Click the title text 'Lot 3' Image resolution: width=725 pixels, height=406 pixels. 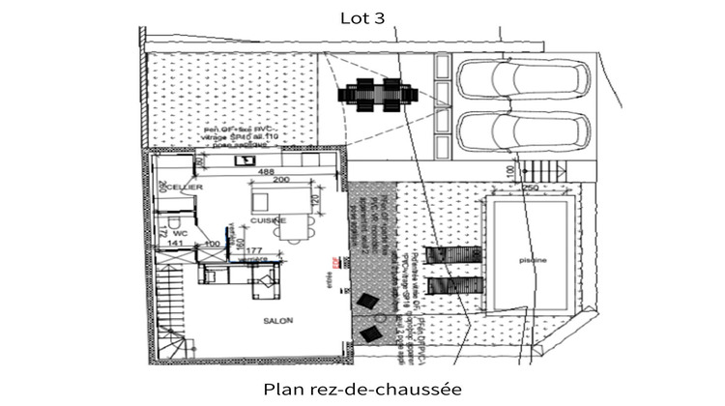click(362, 16)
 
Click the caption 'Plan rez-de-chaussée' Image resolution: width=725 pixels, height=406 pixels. click(362, 389)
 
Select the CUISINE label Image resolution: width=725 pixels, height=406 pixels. click(267, 220)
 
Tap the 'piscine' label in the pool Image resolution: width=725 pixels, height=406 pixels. click(532, 260)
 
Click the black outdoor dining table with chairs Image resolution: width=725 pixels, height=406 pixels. click(378, 95)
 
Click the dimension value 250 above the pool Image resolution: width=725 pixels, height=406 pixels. click(530, 188)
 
